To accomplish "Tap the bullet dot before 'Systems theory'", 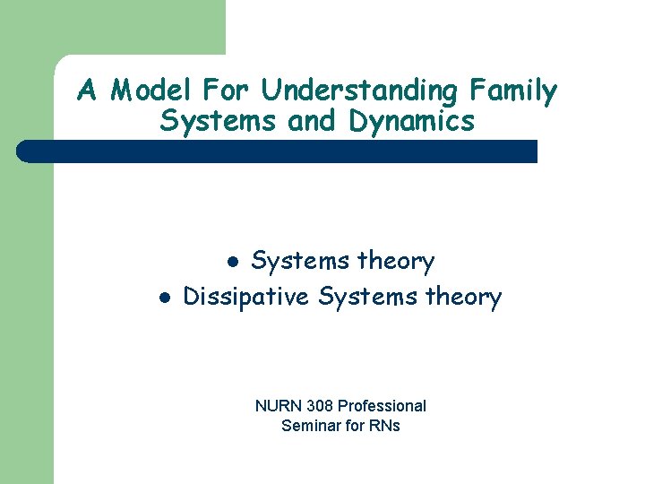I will tap(232, 263).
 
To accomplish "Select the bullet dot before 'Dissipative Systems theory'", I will tap(163, 298).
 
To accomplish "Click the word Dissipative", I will tap(246, 297).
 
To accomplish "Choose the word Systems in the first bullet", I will tap(300, 262).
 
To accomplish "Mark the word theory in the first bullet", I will tap(396, 262).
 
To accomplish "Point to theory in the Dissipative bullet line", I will tap(462, 297).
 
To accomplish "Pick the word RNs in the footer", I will tap(383, 426).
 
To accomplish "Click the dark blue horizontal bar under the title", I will tap(278, 151).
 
